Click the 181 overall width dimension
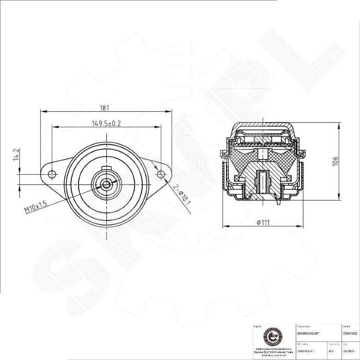click(x=104, y=108)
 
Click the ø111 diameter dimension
click(x=263, y=223)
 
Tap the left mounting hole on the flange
click(x=52, y=174)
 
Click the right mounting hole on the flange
click(x=161, y=174)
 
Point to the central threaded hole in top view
click(x=107, y=184)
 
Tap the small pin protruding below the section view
click(x=279, y=201)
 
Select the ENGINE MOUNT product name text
click(x=308, y=333)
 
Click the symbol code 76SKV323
click(x=349, y=333)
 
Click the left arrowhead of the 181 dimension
click(x=43, y=111)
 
